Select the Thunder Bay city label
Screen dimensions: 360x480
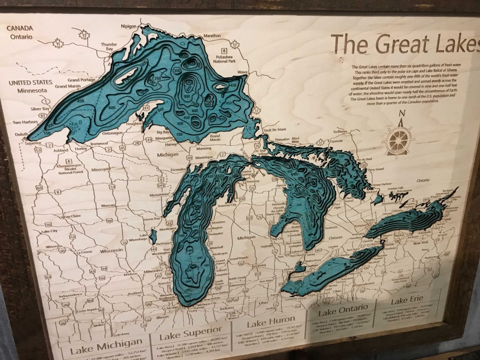coord(109,46)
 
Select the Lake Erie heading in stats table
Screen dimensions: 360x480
coord(407,300)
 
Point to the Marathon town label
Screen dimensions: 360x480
coord(212,36)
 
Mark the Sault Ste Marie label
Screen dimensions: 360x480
coord(275,129)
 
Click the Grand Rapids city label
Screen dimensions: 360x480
coord(239,259)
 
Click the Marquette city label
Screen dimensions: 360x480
coord(164,137)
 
